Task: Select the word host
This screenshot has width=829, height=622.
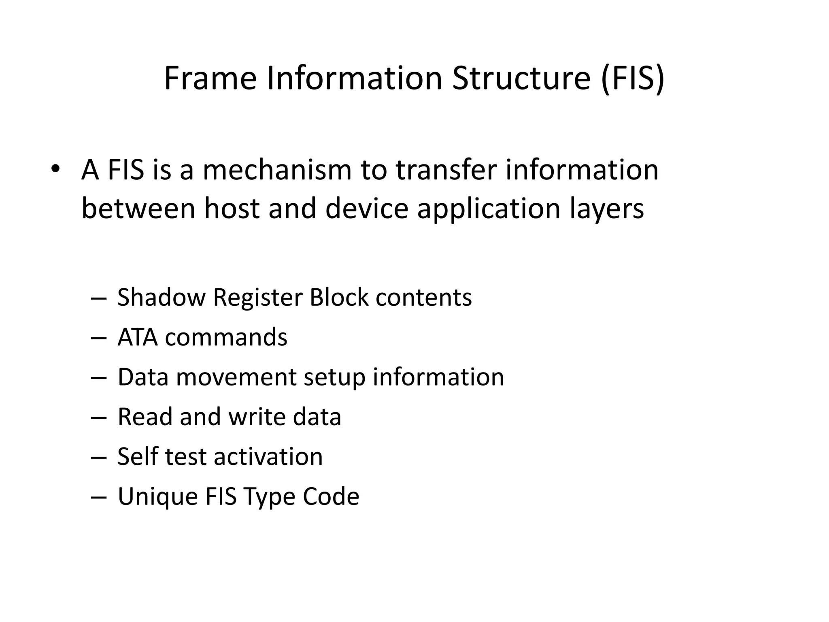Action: (x=232, y=209)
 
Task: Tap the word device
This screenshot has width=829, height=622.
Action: (x=366, y=209)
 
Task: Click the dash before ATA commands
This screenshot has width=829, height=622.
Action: (x=98, y=337)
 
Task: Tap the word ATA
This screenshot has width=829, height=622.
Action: (x=137, y=337)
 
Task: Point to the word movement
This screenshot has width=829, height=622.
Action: (x=236, y=377)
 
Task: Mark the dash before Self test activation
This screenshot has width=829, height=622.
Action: (x=98, y=457)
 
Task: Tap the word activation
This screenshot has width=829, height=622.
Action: (x=268, y=456)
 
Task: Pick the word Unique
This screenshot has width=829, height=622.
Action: (x=157, y=496)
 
